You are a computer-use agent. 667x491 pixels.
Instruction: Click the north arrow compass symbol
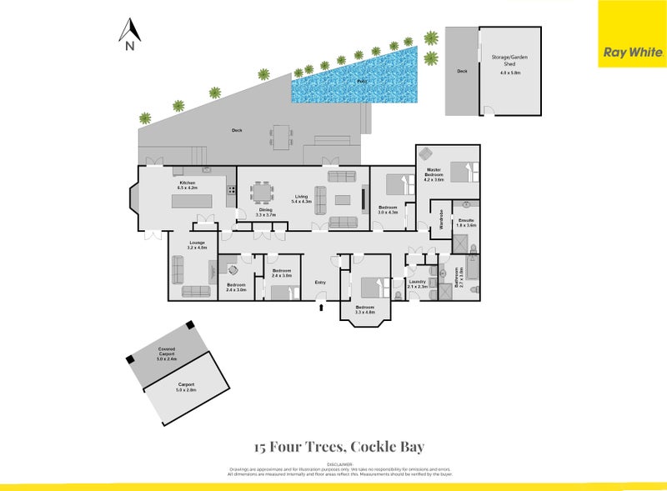coord(128,34)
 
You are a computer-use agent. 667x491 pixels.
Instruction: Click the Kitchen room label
coord(187,185)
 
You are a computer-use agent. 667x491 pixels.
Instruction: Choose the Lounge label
coord(197,244)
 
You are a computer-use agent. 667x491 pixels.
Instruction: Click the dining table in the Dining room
coord(263,193)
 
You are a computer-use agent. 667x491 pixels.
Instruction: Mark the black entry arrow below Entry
coord(321,308)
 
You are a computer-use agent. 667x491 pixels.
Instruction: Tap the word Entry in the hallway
coord(320,283)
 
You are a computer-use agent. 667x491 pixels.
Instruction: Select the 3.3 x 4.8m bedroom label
coord(365,309)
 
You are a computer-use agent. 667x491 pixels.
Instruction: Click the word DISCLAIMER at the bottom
coord(340,463)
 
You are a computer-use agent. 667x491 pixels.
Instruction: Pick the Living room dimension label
coord(301,202)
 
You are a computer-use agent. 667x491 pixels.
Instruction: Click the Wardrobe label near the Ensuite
coord(440,218)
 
